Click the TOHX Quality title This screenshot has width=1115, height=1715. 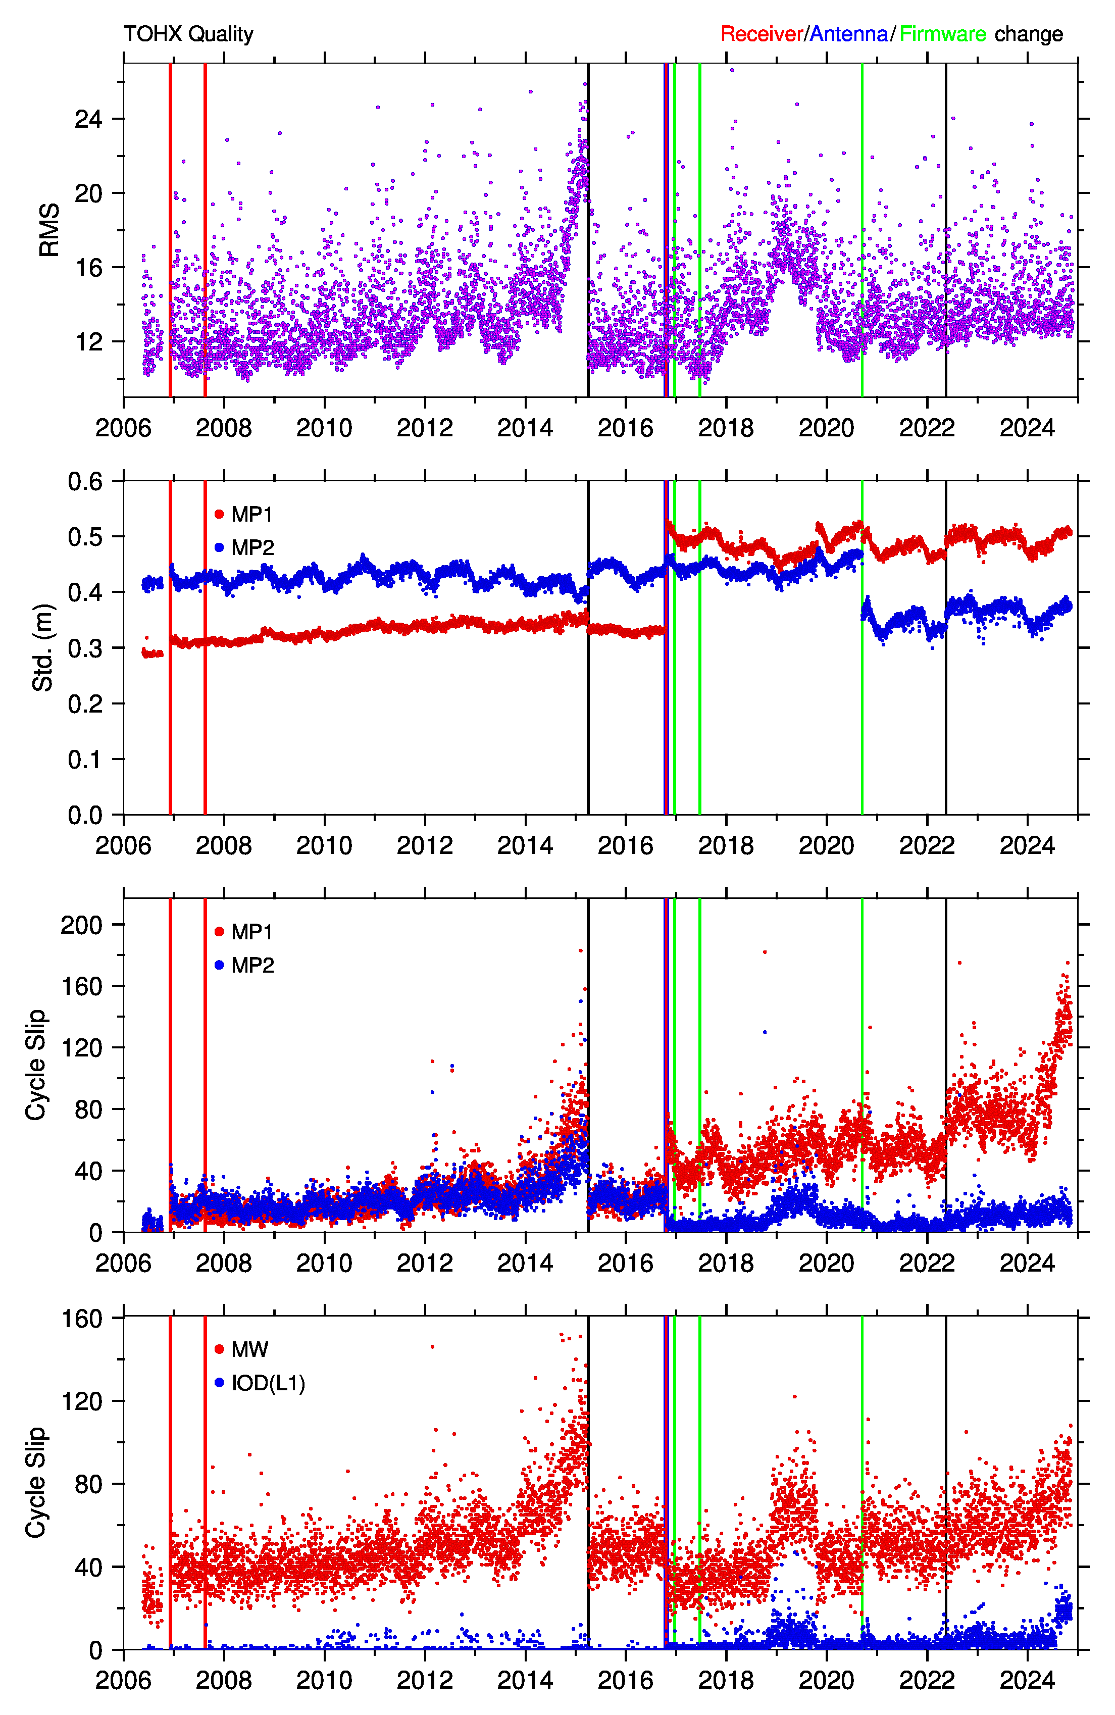point(188,34)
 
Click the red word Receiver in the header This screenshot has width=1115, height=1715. point(762,34)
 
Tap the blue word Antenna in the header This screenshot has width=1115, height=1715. point(849,34)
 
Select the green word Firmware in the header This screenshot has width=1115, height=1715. point(943,34)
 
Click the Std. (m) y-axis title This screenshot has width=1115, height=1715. point(43,647)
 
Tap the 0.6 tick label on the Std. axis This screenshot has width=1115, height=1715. point(85,481)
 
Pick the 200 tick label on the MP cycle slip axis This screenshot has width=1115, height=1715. point(81,925)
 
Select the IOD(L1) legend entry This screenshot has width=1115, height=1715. point(260,1383)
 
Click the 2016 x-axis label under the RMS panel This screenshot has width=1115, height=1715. point(626,428)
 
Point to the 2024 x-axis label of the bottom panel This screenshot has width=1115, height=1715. point(1027,1681)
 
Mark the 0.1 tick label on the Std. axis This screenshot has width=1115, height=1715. point(85,760)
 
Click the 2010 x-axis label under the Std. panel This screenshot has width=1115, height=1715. point(324,845)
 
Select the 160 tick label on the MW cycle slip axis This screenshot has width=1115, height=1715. point(81,1319)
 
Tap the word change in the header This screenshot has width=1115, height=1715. point(1029,34)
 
